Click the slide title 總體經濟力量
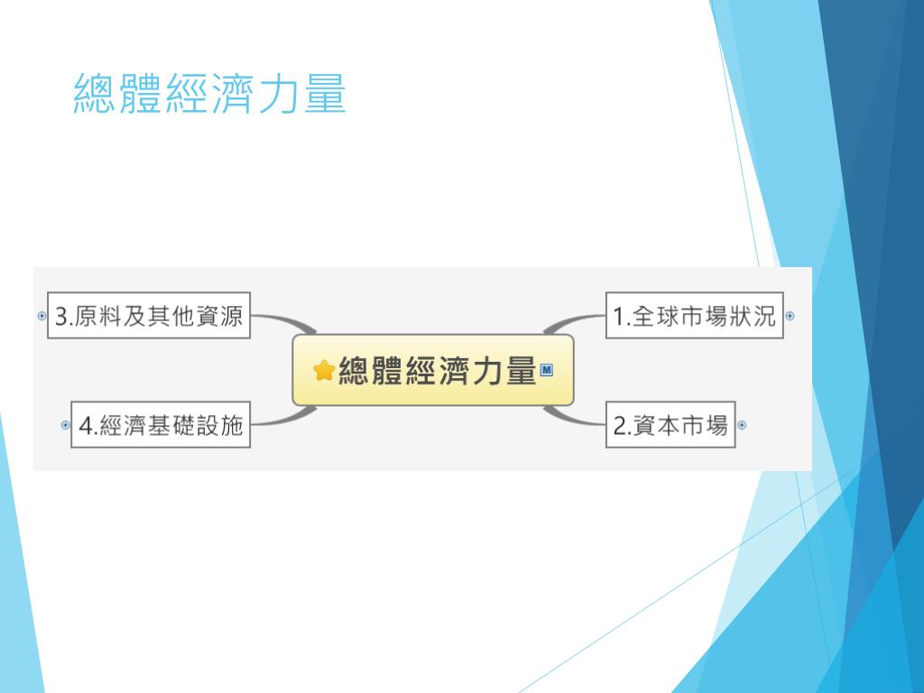[x=209, y=95]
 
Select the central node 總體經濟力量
[x=433, y=370]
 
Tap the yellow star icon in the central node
[x=324, y=371]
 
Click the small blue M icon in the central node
[x=546, y=369]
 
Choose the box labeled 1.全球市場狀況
[x=694, y=316]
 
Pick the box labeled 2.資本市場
[x=670, y=425]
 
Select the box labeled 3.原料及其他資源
[x=149, y=316]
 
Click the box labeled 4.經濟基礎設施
[x=161, y=425]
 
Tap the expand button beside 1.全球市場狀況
[x=790, y=316]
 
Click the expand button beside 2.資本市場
[x=742, y=425]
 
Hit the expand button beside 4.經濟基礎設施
[x=65, y=425]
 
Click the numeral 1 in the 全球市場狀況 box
[x=619, y=317]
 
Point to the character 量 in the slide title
[x=325, y=95]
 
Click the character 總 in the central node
[x=354, y=371]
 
